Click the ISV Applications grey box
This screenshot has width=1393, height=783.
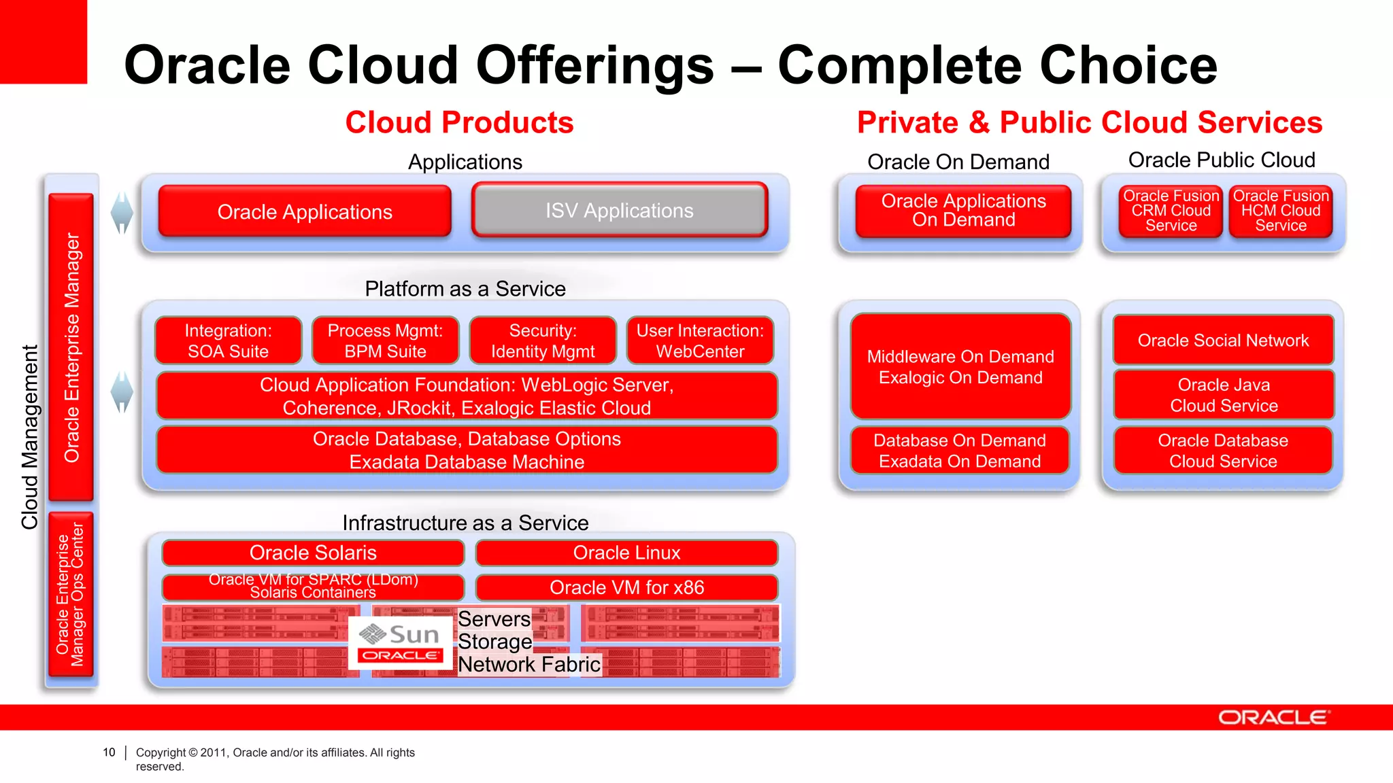point(620,211)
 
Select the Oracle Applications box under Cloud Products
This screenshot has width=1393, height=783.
point(305,211)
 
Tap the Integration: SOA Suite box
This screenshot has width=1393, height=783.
point(228,341)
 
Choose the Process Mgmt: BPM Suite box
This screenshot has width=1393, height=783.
point(385,341)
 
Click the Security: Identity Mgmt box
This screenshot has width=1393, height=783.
point(543,341)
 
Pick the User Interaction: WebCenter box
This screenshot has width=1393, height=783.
point(700,341)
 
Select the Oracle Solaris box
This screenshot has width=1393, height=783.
point(313,553)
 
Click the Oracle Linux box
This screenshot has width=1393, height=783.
point(626,553)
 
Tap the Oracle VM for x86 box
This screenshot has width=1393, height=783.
point(626,587)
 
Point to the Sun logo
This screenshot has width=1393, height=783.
point(400,634)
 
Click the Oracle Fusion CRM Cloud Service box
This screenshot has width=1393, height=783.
point(1171,211)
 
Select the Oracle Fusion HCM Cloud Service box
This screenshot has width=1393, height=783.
point(1281,211)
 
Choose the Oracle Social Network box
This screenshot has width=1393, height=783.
point(1223,340)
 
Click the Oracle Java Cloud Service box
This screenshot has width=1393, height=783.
point(1224,395)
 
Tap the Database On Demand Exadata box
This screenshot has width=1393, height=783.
point(960,451)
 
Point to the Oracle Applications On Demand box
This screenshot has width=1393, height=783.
point(963,211)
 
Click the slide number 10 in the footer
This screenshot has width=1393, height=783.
point(109,752)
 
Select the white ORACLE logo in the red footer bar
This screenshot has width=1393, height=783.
point(1273,718)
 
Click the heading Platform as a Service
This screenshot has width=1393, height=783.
point(465,289)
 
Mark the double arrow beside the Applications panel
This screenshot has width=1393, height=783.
point(122,213)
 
